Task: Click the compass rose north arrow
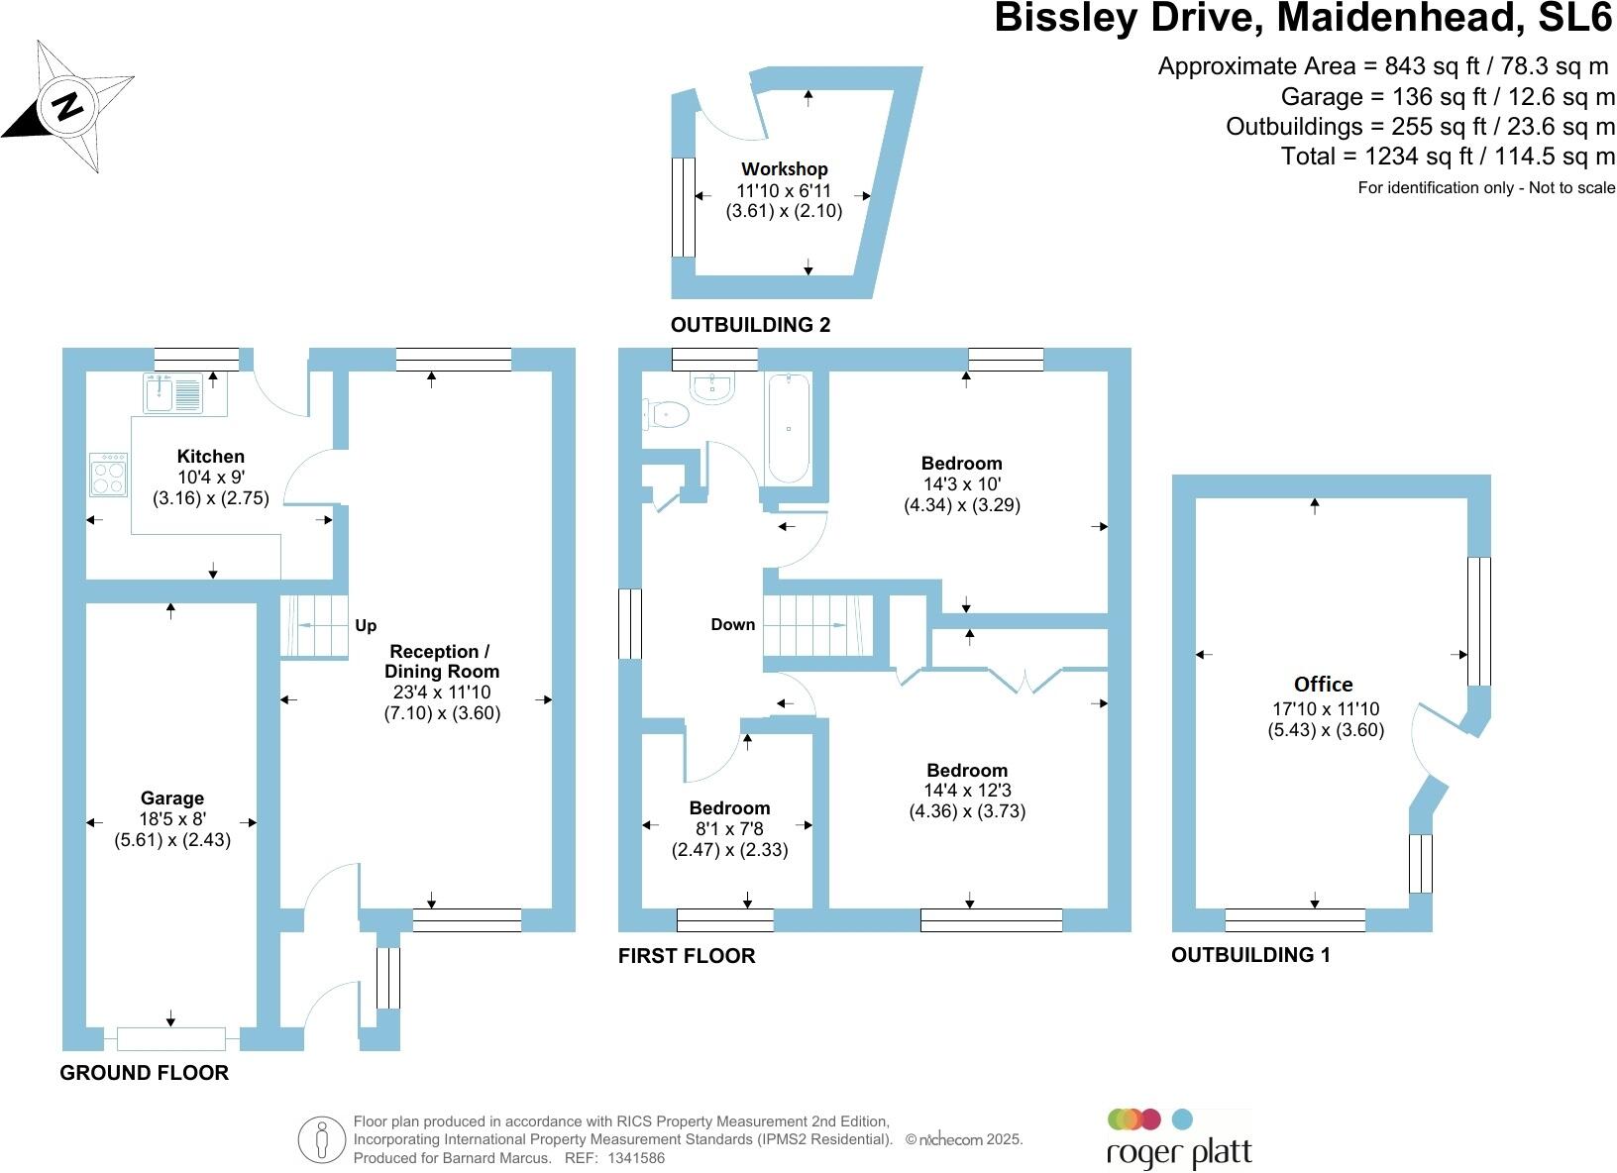67,105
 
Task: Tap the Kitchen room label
210,457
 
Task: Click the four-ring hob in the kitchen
108,475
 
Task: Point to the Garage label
171,799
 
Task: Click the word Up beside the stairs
366,626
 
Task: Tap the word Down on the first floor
732,625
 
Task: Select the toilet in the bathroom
666,414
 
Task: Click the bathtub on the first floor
788,428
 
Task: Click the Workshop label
784,169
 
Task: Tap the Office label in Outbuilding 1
1323,685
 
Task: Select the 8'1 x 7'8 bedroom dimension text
729,829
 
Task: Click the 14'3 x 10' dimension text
961,484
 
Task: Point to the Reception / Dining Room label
441,661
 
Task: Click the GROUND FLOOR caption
145,1073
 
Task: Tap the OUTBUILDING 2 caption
750,325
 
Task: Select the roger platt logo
1178,1139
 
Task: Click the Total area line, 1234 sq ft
1448,157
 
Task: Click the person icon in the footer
320,1140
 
